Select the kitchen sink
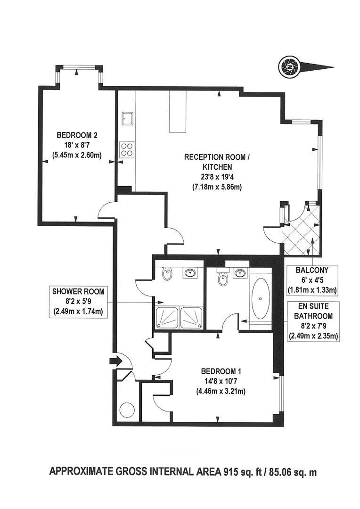coord(126,118)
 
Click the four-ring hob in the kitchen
coord(126,149)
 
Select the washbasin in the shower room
coord(191,273)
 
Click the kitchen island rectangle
coord(178,112)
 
